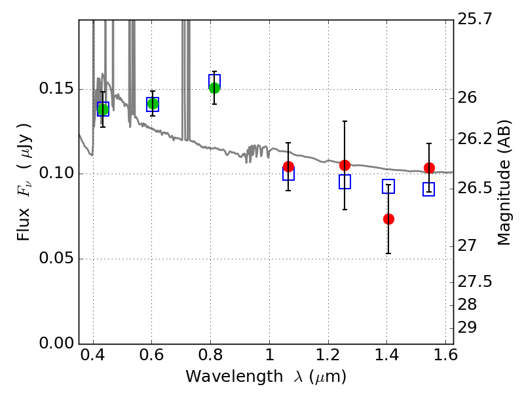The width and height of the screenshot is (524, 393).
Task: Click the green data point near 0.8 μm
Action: tap(215, 88)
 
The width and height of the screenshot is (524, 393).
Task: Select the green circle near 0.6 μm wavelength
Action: tap(153, 103)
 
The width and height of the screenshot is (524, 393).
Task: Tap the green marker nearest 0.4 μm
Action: tap(103, 109)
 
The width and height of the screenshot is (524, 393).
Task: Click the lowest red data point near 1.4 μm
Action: tap(388, 219)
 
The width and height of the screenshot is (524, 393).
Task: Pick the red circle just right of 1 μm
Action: tap(288, 166)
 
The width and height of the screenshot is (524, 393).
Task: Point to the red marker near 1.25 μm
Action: tap(345, 165)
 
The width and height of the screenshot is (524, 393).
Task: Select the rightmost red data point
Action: tap(429, 168)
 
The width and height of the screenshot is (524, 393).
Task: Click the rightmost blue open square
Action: tap(428, 189)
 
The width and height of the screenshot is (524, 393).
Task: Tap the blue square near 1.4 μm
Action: tap(388, 186)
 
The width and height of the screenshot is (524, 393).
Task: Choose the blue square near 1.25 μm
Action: tap(345, 181)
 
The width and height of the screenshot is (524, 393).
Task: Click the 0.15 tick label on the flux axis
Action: tap(56, 88)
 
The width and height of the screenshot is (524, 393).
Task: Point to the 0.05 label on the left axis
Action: tap(56, 258)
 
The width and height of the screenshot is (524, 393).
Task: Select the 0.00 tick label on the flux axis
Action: tap(56, 343)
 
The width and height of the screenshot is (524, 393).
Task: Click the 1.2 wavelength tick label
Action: tap(329, 354)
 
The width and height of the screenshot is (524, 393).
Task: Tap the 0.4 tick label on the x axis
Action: tap(93, 354)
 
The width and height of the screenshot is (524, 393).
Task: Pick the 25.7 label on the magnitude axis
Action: tap(475, 19)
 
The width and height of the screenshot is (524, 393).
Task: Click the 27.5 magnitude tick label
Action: tap(475, 282)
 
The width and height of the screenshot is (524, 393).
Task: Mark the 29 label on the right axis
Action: tap(467, 328)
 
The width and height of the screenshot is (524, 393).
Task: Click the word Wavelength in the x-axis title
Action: tap(234, 376)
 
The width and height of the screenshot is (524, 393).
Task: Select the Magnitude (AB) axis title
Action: tap(504, 183)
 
